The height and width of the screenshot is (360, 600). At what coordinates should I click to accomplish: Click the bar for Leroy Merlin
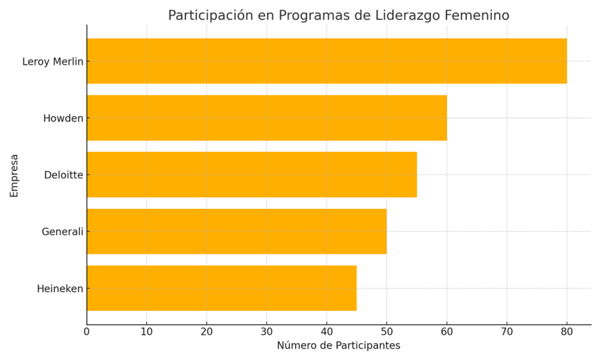326,61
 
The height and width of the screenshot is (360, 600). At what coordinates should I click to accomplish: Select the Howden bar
266,118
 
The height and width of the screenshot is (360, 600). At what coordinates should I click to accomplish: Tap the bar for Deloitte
252,174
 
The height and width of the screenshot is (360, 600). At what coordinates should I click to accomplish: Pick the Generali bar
237,231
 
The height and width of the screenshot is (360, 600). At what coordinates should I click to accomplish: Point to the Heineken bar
222,288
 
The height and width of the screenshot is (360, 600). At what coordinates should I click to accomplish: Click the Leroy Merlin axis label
53,62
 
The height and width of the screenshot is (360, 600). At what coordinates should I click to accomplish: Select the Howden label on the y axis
63,119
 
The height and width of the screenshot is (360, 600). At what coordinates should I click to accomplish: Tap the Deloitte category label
64,175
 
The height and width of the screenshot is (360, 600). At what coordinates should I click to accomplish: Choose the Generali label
62,232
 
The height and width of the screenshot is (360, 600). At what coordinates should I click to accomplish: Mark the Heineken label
60,289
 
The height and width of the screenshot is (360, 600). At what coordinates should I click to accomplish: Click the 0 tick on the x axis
87,332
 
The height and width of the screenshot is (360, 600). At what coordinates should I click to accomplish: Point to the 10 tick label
146,332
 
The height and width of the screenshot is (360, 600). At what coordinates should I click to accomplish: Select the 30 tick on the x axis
266,332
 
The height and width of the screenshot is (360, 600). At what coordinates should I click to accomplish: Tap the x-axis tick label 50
386,332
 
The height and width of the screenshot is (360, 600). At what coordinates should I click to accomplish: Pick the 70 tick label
506,332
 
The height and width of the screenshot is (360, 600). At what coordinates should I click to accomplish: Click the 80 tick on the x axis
567,332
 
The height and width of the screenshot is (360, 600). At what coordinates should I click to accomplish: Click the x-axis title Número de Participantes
338,346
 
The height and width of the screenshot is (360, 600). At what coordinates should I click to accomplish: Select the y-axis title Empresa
14,175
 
